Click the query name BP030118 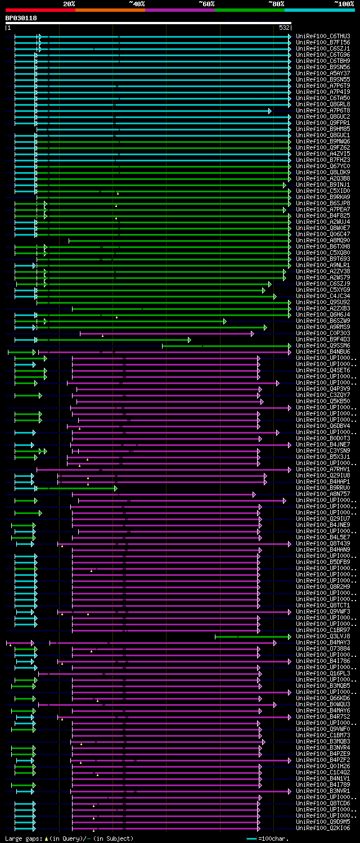21,18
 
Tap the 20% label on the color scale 69,4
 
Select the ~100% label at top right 344,4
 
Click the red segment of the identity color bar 40,10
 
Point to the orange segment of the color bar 110,10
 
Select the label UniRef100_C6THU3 323,37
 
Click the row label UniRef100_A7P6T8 323,111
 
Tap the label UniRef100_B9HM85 323,129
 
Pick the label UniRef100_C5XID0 323,191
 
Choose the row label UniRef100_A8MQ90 323,241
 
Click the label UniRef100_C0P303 323,333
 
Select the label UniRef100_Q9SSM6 323,346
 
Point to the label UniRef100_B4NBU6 323,352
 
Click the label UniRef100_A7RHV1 323,469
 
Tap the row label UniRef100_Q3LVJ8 323,637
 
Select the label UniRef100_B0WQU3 323,704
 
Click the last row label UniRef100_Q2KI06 323,828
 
